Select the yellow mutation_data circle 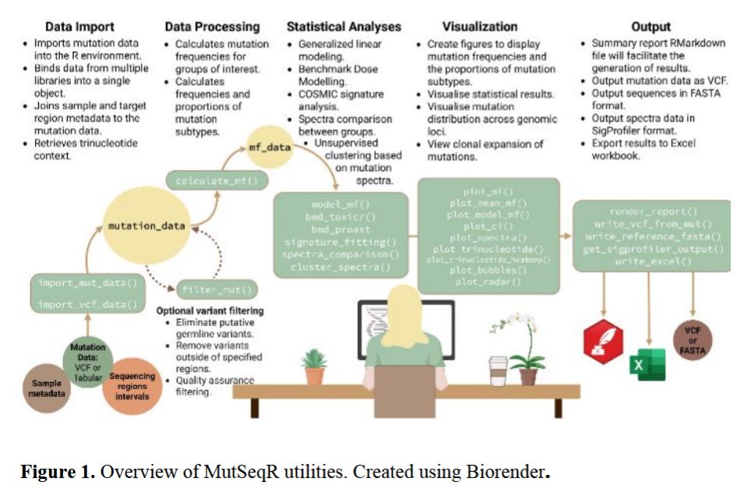coord(147,227)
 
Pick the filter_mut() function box coord(216,290)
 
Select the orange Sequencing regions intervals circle coord(132,385)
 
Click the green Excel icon coord(647,363)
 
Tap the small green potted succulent coord(315,367)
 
